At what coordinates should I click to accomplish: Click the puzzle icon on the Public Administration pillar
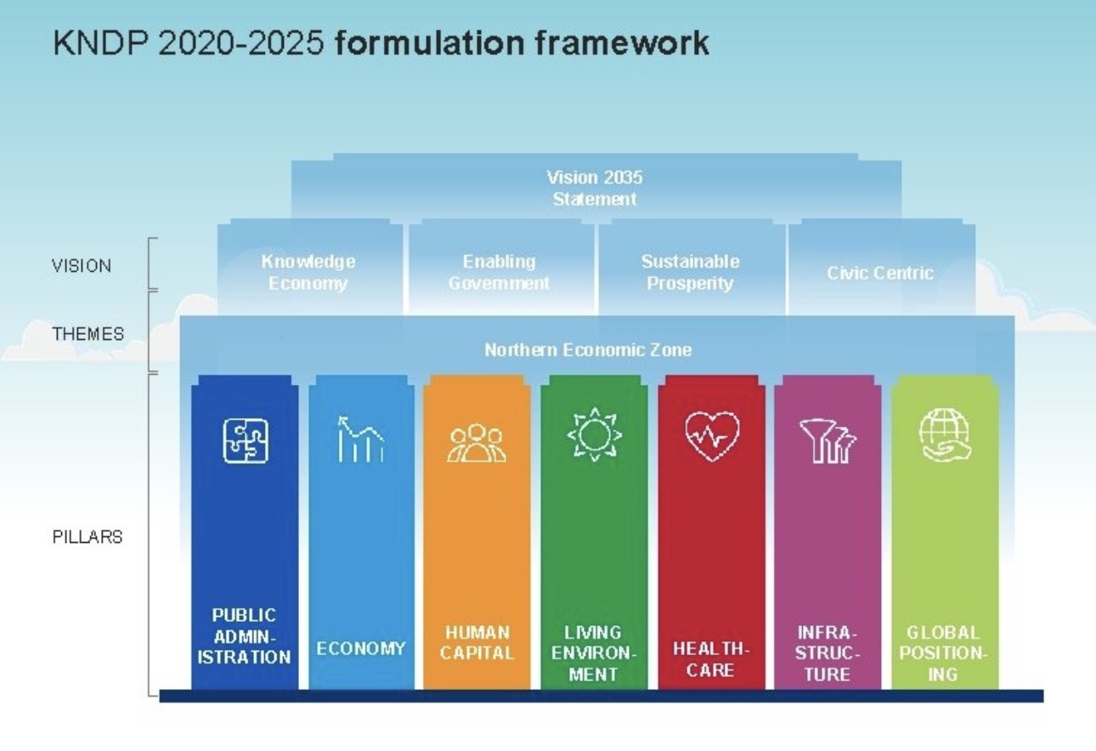pyautogui.click(x=246, y=440)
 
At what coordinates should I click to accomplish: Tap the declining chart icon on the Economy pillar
pyautogui.click(x=360, y=439)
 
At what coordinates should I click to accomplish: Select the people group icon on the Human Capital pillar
pyautogui.click(x=477, y=443)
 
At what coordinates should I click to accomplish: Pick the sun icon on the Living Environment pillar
pyautogui.click(x=594, y=434)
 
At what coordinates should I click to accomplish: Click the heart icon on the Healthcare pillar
pyautogui.click(x=712, y=437)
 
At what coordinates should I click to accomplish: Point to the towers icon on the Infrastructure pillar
pyautogui.click(x=828, y=441)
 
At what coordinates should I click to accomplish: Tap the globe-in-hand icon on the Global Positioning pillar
pyautogui.click(x=944, y=436)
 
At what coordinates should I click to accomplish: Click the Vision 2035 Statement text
pyautogui.click(x=595, y=189)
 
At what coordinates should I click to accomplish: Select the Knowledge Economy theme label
pyautogui.click(x=308, y=273)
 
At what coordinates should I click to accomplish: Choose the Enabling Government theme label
pyautogui.click(x=499, y=273)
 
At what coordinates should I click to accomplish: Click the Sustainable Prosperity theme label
pyautogui.click(x=691, y=273)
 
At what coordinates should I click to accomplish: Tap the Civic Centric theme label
pyautogui.click(x=880, y=273)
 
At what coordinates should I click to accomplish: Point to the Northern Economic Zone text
pyautogui.click(x=588, y=350)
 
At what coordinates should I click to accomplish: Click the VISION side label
pyautogui.click(x=82, y=266)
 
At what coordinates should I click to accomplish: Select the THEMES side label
pyautogui.click(x=88, y=334)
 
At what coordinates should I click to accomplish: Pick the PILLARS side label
pyautogui.click(x=88, y=537)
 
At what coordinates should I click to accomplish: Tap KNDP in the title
pyautogui.click(x=100, y=43)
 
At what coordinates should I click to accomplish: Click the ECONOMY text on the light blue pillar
pyautogui.click(x=360, y=649)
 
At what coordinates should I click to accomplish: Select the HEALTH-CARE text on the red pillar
pyautogui.click(x=711, y=659)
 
